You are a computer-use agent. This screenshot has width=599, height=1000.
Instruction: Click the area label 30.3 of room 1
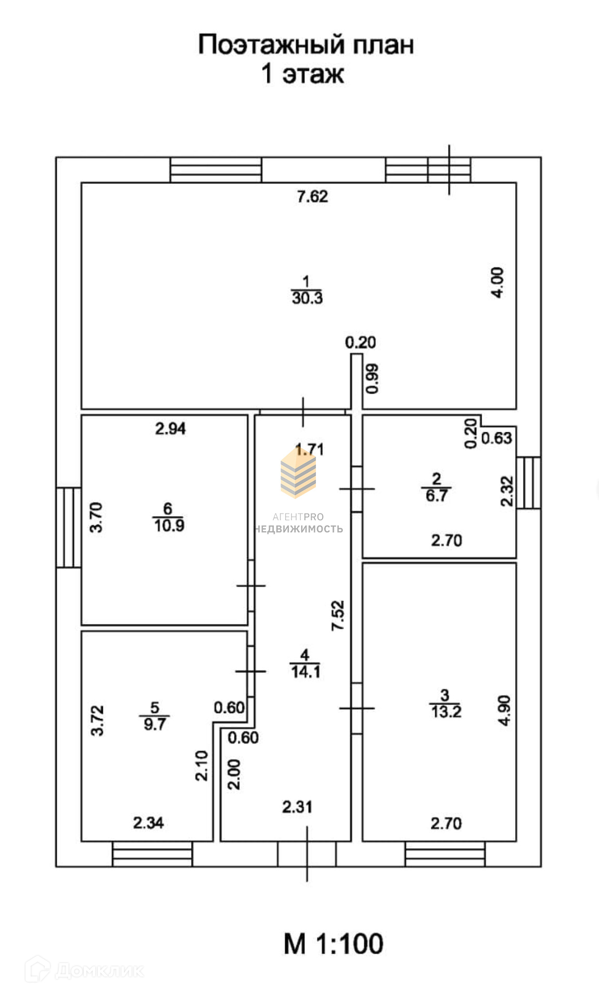[x=307, y=298]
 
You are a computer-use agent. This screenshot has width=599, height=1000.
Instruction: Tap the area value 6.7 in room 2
[x=436, y=495]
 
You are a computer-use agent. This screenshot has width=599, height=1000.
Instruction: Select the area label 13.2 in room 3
[x=445, y=711]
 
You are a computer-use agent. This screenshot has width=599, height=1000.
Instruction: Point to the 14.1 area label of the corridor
[x=305, y=672]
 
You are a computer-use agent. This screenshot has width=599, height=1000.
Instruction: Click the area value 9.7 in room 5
[x=155, y=724]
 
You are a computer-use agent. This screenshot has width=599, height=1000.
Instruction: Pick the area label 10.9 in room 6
[x=169, y=526]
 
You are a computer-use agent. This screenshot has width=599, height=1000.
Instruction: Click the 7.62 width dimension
[x=312, y=197]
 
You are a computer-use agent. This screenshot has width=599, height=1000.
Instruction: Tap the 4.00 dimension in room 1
[x=498, y=282]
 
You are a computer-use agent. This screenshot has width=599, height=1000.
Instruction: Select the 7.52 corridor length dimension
[x=338, y=616]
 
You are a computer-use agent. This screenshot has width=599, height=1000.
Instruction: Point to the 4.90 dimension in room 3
[x=504, y=710]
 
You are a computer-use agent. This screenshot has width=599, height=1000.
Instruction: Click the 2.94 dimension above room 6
[x=170, y=429]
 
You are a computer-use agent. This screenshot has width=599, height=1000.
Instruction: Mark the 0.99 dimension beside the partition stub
[x=373, y=378]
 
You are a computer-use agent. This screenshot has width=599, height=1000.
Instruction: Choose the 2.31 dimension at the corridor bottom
[x=297, y=807]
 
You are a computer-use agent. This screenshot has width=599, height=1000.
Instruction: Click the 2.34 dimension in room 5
[x=148, y=823]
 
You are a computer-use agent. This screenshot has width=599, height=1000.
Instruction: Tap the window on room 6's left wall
[x=69, y=527]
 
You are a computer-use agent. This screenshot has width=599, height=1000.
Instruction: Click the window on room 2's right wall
[x=529, y=482]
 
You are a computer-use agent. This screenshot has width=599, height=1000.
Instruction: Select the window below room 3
[x=445, y=854]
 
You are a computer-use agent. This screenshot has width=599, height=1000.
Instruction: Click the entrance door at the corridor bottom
[x=307, y=854]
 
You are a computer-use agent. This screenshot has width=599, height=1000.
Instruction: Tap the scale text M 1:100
[x=333, y=943]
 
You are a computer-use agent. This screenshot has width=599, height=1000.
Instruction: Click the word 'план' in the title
[x=384, y=45]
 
